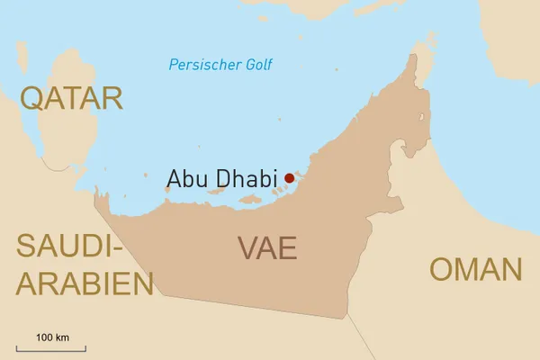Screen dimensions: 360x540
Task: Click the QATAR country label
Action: (x=71, y=98)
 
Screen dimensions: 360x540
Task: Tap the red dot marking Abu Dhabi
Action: (x=289, y=178)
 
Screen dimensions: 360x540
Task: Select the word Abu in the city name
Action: (x=186, y=178)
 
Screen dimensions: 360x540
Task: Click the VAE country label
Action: (x=267, y=247)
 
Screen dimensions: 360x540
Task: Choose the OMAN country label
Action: (x=475, y=269)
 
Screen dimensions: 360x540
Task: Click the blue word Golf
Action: (x=256, y=65)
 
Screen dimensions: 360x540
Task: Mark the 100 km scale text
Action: (x=52, y=337)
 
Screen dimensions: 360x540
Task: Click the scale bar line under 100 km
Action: (x=51, y=346)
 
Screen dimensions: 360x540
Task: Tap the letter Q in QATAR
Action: (x=33, y=98)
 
